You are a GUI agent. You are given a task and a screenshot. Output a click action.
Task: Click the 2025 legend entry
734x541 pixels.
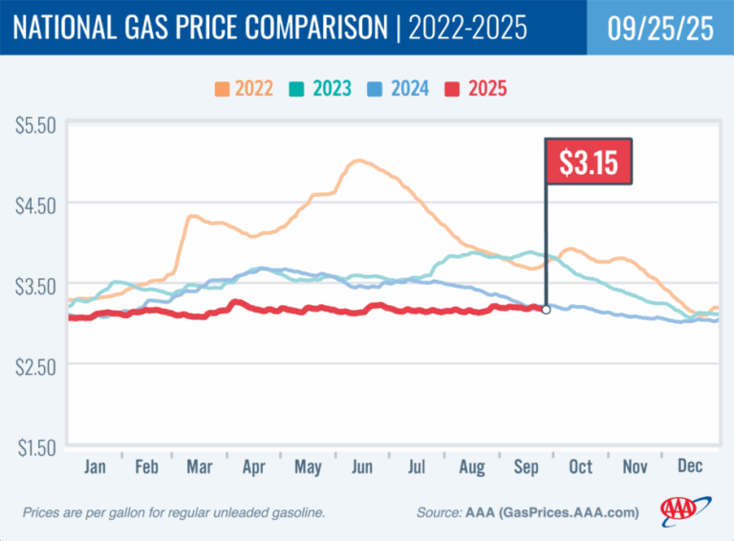pyautogui.click(x=475, y=90)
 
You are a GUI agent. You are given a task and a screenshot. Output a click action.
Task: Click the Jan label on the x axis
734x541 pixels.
pyautogui.click(x=94, y=467)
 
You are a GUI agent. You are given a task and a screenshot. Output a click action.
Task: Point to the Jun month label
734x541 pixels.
pyautogui.click(x=363, y=467)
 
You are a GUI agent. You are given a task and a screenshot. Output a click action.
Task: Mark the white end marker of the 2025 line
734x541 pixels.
pyautogui.click(x=546, y=310)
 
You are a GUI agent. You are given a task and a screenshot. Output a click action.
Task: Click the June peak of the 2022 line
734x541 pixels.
pyautogui.click(x=358, y=162)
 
